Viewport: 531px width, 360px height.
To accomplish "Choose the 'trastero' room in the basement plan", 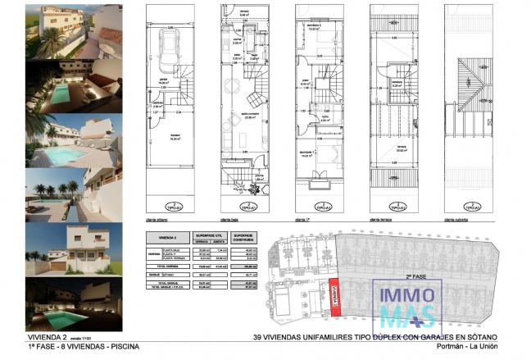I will [x=175, y=136].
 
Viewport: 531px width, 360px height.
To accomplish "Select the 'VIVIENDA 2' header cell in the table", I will [x=166, y=237].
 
